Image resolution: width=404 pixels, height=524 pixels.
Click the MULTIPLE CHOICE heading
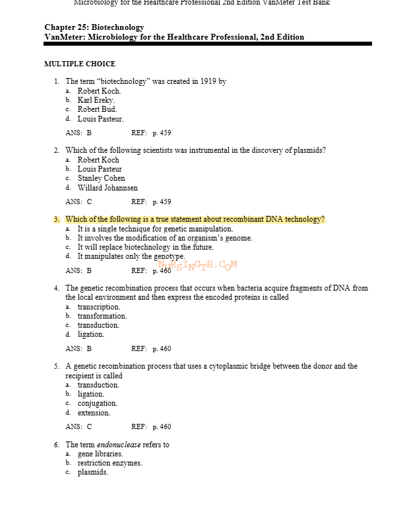coord(79,64)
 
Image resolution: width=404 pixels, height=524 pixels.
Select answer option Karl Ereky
coord(96,100)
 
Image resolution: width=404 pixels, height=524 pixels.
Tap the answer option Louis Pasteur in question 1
coord(100,119)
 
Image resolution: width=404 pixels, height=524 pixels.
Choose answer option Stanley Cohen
coord(101,178)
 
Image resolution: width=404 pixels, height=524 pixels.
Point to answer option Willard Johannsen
coord(107,188)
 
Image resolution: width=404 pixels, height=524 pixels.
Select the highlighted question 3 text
coord(195,219)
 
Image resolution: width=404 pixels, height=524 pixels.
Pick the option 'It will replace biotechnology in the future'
coord(145,247)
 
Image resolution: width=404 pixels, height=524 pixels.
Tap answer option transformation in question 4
coord(102,316)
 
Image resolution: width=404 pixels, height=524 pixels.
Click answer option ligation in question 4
coord(90,334)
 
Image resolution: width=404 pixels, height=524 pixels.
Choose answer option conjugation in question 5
coord(97,403)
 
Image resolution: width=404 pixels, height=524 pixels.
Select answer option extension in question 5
coord(94,413)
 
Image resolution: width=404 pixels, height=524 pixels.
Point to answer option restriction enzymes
coord(110,463)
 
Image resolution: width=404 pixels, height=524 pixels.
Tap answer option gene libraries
coord(100,454)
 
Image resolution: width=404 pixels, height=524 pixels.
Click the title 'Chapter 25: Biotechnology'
coord(94,27)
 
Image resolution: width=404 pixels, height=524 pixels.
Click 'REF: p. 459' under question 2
coord(151,202)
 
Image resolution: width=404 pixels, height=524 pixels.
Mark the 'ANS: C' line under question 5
coord(79,426)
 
